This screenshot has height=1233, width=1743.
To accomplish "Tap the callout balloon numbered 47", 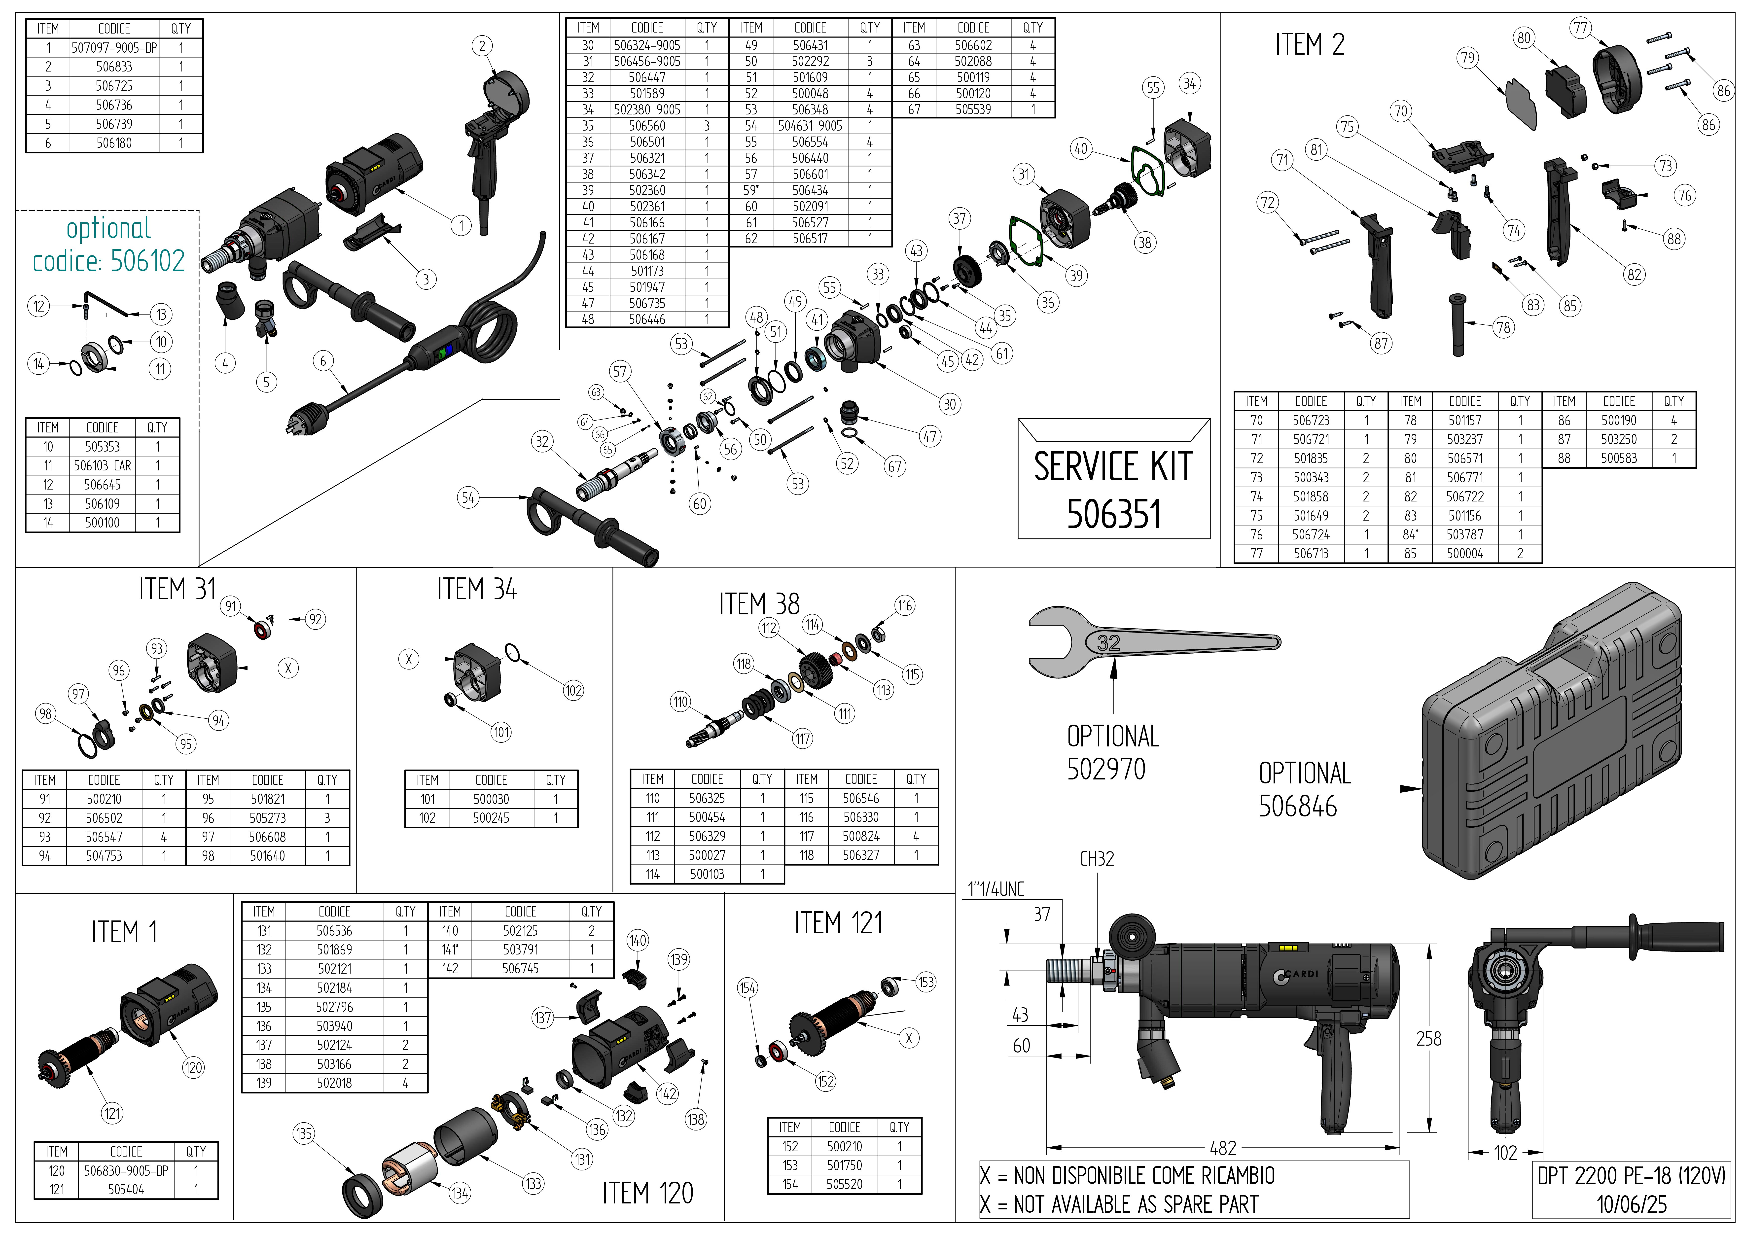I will click(x=930, y=437).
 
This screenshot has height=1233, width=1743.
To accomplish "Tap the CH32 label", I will click(x=1097, y=859).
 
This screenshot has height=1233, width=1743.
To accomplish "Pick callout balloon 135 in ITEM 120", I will click(x=304, y=1133).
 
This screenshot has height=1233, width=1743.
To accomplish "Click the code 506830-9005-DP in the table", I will click(x=126, y=1171).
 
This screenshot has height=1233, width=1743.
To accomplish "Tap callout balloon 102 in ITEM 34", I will click(x=573, y=690).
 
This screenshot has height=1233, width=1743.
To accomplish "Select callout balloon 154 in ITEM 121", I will click(x=747, y=988).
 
